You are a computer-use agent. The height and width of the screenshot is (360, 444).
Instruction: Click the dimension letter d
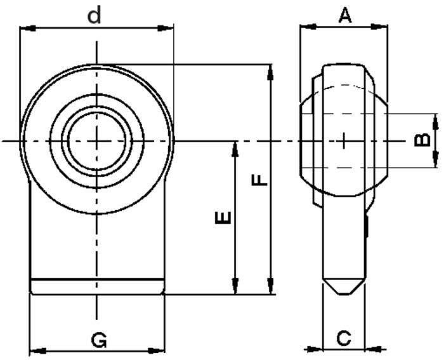[x=95, y=15]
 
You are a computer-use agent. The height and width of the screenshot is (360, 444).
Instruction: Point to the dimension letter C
[x=343, y=338]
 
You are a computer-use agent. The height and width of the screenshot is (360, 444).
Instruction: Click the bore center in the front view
[x=97, y=140]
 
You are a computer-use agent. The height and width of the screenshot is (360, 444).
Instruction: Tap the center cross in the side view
[x=343, y=140]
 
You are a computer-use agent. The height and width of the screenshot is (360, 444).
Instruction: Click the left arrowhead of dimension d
[x=26, y=28]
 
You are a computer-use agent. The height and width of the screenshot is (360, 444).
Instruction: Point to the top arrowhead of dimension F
[x=271, y=71]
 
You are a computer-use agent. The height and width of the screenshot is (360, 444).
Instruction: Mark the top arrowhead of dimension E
[x=235, y=148]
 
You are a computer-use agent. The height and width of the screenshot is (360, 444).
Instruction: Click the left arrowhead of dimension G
[x=37, y=349]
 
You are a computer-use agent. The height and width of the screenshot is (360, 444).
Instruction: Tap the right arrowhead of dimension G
[x=158, y=349]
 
